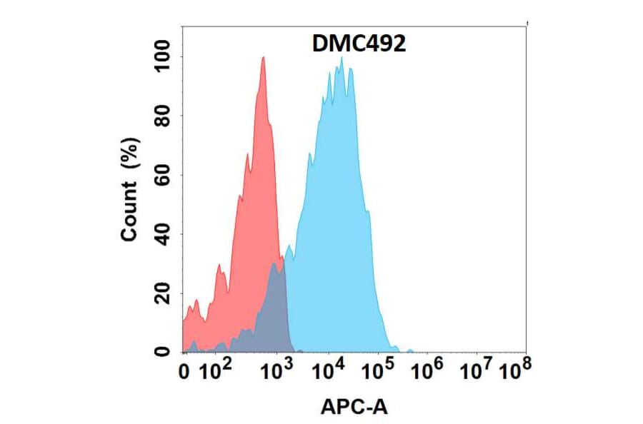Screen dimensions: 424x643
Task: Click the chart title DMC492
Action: [x=359, y=44]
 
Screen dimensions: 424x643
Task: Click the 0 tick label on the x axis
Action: [x=184, y=371]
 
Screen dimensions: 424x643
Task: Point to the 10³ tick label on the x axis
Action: [x=276, y=370]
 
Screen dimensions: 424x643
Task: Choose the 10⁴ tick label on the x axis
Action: [x=329, y=370]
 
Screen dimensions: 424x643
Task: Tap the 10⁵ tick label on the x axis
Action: [x=379, y=370]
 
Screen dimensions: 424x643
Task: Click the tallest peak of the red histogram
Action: [x=263, y=59]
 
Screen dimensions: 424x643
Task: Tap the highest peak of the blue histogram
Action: [x=342, y=59]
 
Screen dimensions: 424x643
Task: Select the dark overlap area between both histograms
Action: [x=273, y=314]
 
